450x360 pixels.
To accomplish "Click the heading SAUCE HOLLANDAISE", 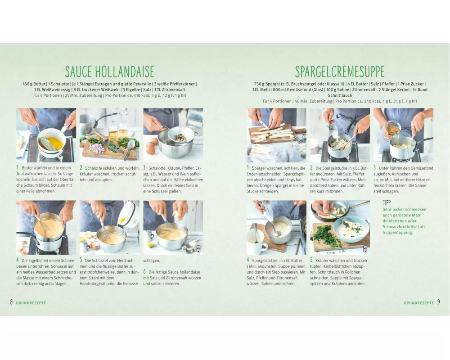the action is pyautogui.click(x=109, y=72).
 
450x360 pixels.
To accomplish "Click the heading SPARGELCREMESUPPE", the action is pyautogui.click(x=340, y=72).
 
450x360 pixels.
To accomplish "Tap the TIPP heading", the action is pyautogui.click(x=387, y=202).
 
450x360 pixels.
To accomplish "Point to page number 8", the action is pyautogui.click(x=12, y=302).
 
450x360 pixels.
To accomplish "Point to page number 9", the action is pyautogui.click(x=438, y=302).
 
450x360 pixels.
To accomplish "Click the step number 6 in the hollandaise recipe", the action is pyautogui.click(x=144, y=271).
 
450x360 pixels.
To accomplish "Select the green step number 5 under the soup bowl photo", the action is pyautogui.click(x=311, y=260).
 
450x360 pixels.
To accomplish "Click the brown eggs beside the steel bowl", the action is pyautogui.click(x=151, y=146).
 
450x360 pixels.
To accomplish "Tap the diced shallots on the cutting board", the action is pyautogui.click(x=95, y=148).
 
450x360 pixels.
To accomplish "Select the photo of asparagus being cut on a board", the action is pyautogui.click(x=276, y=135).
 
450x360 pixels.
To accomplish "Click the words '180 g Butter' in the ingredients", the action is pyautogui.click(x=34, y=84).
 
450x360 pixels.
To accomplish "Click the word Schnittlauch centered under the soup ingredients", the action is pyautogui.click(x=340, y=95).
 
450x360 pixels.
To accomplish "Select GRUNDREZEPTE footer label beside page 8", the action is pyautogui.click(x=31, y=303).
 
